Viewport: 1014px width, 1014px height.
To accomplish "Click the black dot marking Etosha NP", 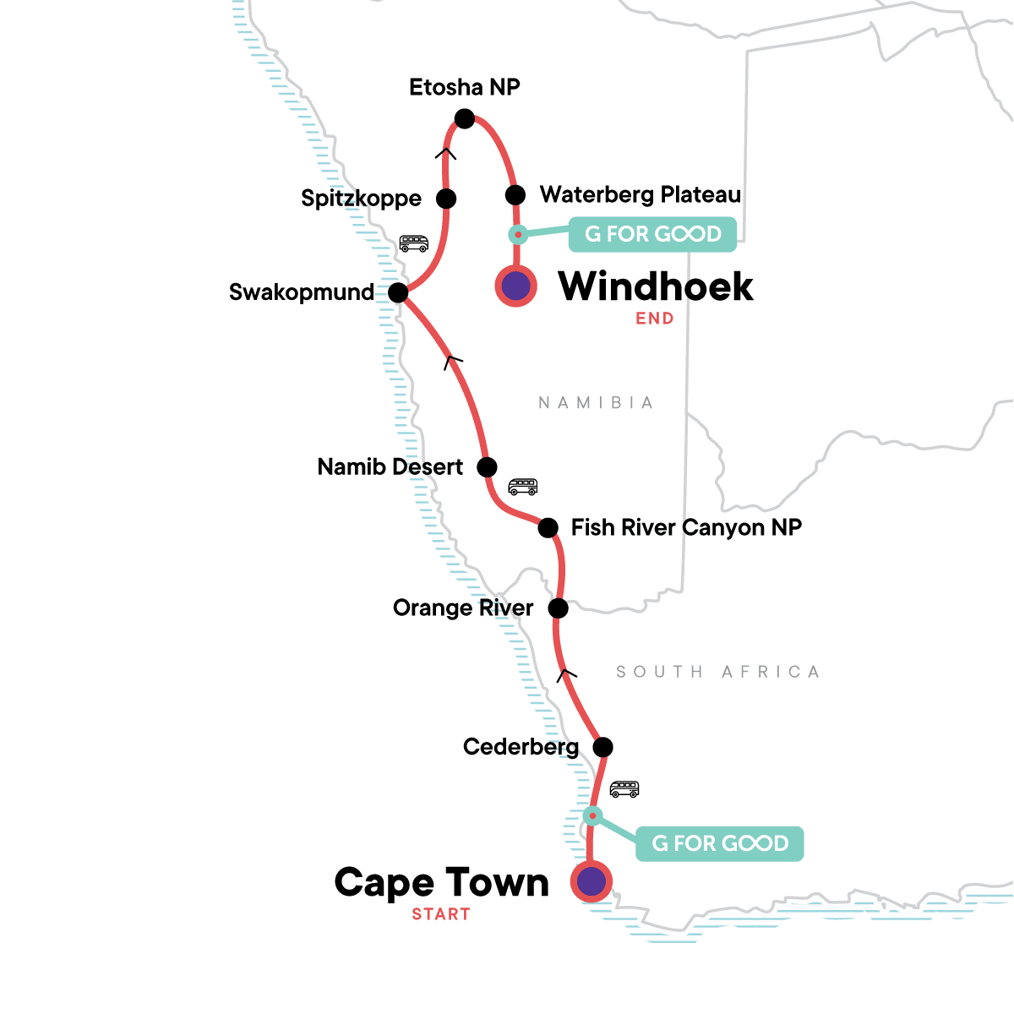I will coord(465,119).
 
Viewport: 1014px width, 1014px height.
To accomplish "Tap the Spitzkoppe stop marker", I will coord(446,199).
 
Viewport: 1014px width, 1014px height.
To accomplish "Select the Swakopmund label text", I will coord(302,292).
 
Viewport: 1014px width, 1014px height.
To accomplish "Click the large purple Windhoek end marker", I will coord(515,286).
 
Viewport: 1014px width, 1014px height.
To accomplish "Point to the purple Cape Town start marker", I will coord(591,881).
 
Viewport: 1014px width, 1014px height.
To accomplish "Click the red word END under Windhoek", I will coord(655,319).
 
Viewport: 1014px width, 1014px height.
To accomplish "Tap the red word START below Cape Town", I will coord(441,914).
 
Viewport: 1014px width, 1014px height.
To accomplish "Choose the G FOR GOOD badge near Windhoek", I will coord(652,234).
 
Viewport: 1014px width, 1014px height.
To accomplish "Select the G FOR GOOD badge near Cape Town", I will coord(719,843).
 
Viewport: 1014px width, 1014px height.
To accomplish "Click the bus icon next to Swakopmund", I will coord(413,243).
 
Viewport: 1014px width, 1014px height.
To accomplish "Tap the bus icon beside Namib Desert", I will coord(522,487).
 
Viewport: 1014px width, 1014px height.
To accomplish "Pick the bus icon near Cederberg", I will coord(624,789).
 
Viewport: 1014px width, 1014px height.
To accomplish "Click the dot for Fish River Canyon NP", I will coord(548,528).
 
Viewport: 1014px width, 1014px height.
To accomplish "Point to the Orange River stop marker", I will coord(558,608).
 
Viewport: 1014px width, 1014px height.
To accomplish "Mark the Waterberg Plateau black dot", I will coord(515,195).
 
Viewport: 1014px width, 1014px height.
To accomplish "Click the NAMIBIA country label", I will coord(596,403).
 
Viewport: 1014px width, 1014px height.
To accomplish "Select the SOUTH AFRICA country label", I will coord(717,672).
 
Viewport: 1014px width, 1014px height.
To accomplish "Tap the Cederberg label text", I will coord(521,747).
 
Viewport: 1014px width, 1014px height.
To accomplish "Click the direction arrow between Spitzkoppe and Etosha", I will coord(445,153).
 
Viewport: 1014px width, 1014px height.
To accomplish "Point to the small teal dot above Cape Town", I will coord(593,815).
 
